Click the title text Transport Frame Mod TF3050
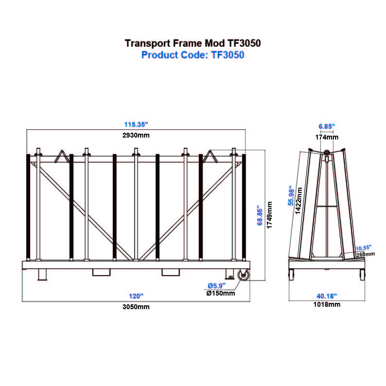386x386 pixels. click(x=193, y=43)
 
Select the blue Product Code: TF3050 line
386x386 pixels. click(x=193, y=55)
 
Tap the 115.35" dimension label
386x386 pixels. click(x=136, y=124)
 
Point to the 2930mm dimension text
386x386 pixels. click(x=136, y=135)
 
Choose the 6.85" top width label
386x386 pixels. click(x=326, y=126)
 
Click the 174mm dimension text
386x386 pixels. click(x=326, y=137)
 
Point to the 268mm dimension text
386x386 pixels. click(x=366, y=253)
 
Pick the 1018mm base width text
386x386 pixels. click(x=326, y=305)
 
